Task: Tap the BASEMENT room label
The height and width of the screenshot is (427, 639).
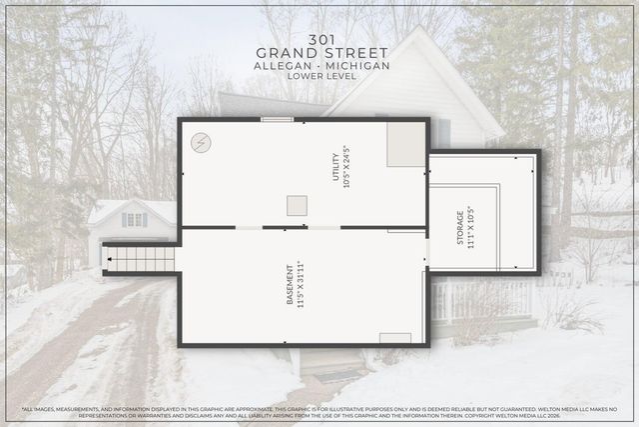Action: coord(291,285)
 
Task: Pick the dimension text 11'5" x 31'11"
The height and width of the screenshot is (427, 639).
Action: coord(301,285)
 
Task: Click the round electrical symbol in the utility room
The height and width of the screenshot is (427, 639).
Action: coord(201,143)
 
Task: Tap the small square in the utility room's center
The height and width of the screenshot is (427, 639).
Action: coord(297,205)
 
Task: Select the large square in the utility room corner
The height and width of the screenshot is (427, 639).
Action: coord(405,145)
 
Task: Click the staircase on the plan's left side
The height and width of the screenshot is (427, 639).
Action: coord(141,259)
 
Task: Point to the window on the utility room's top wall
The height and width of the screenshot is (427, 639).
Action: coord(277,120)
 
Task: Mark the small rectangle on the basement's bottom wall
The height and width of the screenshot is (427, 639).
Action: coord(395,338)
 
